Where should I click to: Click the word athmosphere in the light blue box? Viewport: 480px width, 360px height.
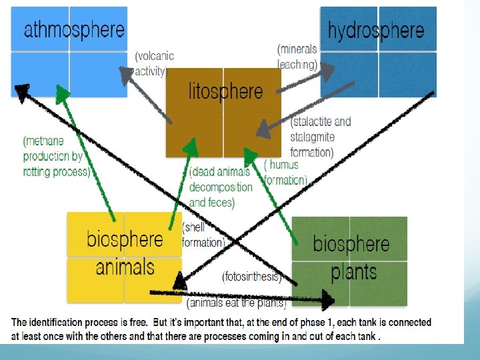pyautogui.click(x=74, y=30)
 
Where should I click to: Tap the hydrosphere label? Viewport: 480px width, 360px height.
pyautogui.click(x=376, y=30)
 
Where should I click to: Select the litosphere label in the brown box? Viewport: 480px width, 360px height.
pyautogui.click(x=226, y=91)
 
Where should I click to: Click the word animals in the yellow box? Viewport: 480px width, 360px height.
pyautogui.click(x=125, y=267)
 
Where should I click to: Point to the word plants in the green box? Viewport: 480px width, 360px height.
pyautogui.click(x=353, y=273)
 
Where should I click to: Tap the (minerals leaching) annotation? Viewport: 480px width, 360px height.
pyautogui.click(x=297, y=57)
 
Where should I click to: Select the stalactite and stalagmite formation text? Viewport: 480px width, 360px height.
pyautogui.click(x=321, y=137)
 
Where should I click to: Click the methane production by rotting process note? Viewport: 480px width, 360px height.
pyautogui.click(x=56, y=156)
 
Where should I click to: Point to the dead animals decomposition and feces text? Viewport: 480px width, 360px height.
pyautogui.click(x=220, y=187)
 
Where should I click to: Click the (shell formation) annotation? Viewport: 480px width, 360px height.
pyautogui.click(x=203, y=235)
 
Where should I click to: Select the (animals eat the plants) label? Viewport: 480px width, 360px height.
pyautogui.click(x=236, y=304)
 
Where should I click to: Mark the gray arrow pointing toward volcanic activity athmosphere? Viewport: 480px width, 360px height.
pyautogui.click(x=151, y=93)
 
